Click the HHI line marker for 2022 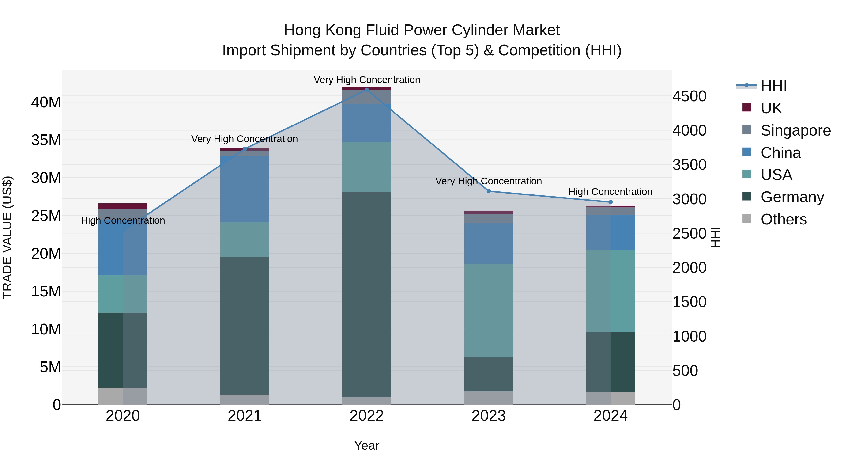click(367, 90)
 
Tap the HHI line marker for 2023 click(489, 191)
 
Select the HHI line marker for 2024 click(610, 202)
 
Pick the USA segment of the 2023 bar click(489, 310)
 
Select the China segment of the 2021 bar click(245, 189)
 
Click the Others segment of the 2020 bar click(123, 396)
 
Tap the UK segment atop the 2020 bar click(123, 206)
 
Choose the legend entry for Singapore click(795, 130)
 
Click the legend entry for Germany click(792, 197)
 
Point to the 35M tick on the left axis click(46, 140)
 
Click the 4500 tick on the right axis click(689, 96)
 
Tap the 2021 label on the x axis click(245, 416)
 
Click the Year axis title click(367, 445)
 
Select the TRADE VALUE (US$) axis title click(7, 237)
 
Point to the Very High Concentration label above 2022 click(367, 80)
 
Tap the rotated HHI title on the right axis click(715, 237)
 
